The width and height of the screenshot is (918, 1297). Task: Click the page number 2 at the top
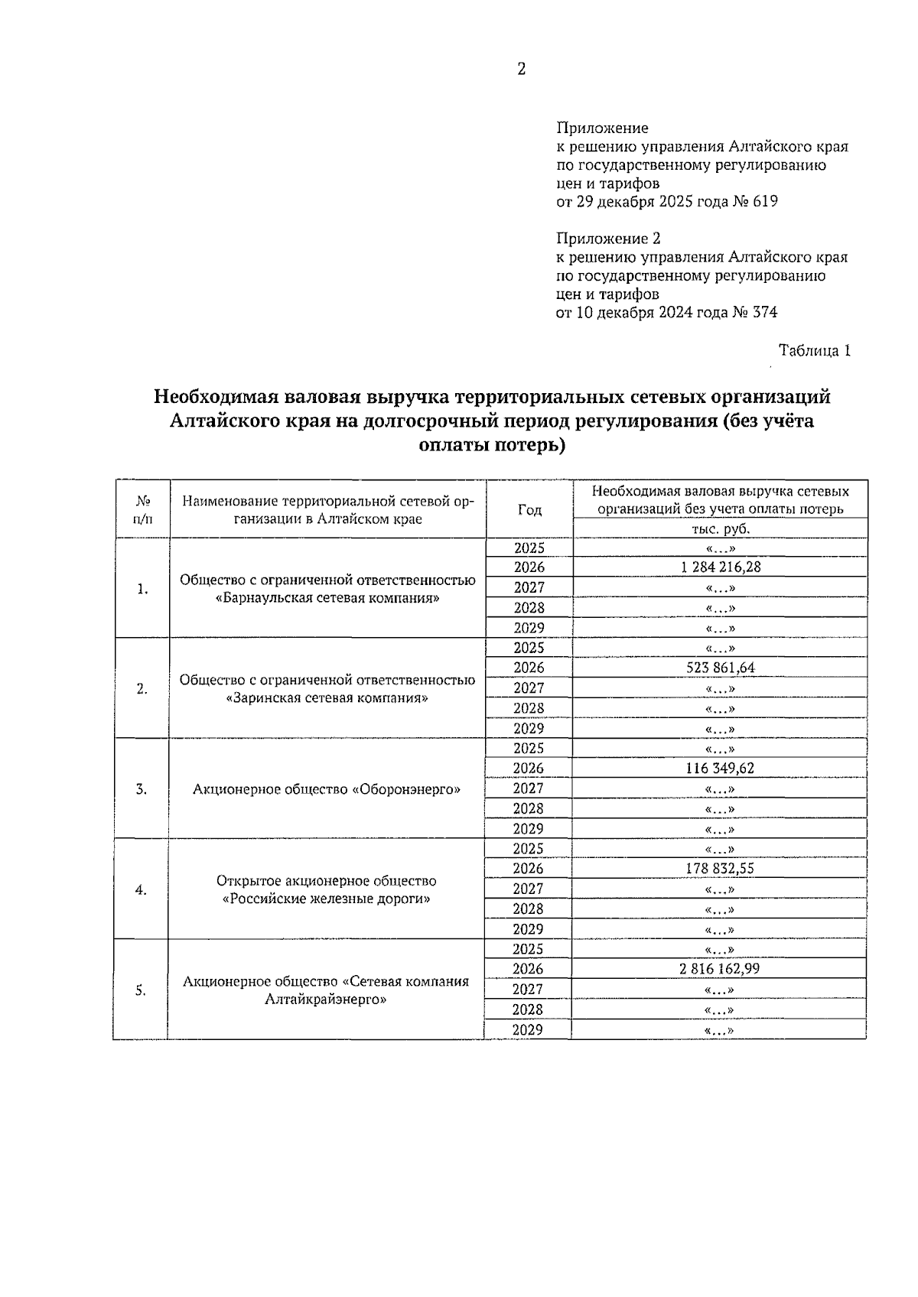(x=522, y=70)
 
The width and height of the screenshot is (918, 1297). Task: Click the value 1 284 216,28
(x=720, y=567)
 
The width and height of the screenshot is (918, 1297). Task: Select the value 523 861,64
(x=720, y=668)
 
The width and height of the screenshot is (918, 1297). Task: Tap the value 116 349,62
(x=720, y=769)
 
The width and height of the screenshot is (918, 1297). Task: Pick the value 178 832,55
(x=720, y=869)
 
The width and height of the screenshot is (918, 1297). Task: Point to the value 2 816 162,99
(x=720, y=969)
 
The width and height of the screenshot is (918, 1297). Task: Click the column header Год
(x=529, y=510)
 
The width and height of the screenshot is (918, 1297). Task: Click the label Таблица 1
(x=814, y=351)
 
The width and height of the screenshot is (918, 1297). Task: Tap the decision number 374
(x=765, y=312)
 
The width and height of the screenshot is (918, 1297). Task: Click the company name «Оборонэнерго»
(x=407, y=789)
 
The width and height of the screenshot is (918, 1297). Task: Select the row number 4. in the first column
(x=141, y=889)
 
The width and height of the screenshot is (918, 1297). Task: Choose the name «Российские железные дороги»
(x=326, y=899)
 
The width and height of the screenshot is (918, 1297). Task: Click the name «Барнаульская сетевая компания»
(x=327, y=598)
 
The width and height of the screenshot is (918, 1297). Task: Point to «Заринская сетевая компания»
(x=327, y=698)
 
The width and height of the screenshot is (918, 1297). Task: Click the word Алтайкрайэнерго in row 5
(x=326, y=1000)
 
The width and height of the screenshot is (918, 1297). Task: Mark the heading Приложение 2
(x=608, y=239)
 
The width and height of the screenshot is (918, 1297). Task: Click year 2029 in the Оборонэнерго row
(x=528, y=829)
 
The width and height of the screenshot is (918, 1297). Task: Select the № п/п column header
(x=142, y=510)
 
